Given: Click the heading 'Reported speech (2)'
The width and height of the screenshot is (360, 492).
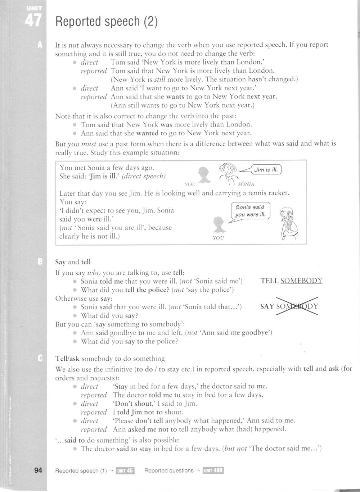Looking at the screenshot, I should point(107,22).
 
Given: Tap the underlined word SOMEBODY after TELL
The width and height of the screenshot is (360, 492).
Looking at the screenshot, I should point(301,281).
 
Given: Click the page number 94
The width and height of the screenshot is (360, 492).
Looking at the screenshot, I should point(38,470).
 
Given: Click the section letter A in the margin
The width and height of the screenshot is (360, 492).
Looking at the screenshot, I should point(40,45).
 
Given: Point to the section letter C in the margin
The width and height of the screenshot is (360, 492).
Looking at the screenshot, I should point(40,358).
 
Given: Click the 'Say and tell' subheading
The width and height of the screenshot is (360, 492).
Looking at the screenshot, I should point(73,262).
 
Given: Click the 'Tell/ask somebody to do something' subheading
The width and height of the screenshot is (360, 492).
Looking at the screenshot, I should point(110,359).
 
